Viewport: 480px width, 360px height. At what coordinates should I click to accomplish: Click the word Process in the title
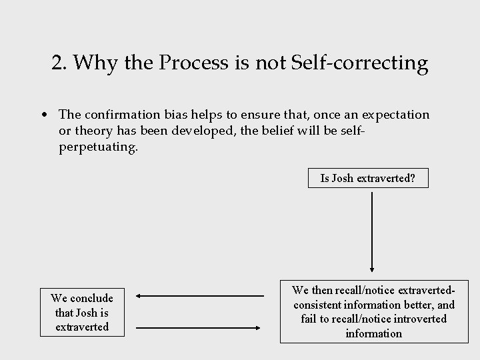189,63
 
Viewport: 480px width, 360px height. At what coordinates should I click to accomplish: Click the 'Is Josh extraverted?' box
367,179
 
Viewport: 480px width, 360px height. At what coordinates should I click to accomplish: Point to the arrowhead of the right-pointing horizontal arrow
259,327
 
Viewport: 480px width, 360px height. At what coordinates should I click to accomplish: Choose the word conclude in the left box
91,298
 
